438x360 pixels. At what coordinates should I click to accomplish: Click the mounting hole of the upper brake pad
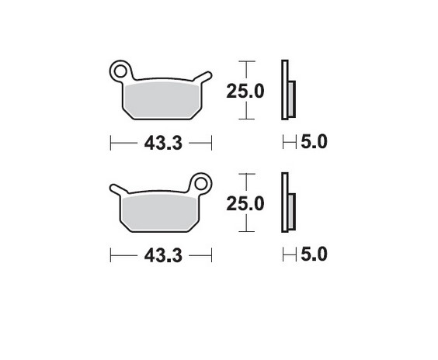pos(120,71)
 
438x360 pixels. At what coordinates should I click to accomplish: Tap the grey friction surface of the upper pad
pos(162,99)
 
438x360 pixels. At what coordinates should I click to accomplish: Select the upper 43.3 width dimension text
pos(162,144)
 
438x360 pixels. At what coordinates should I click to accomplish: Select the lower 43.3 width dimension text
pos(162,255)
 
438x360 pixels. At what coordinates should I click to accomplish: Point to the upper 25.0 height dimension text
pos(245,92)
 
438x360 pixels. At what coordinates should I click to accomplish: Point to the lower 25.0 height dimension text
pos(245,204)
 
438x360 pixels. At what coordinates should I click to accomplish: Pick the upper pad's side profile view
pos(287,91)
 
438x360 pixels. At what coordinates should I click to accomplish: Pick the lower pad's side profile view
pos(287,202)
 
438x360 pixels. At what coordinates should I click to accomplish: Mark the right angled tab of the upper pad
pos(203,76)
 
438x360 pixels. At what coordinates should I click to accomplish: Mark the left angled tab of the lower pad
pos(116,188)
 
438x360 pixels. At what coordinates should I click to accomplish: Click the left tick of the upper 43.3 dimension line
pos(111,144)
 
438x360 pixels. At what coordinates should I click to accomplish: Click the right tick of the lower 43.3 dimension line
pos(211,255)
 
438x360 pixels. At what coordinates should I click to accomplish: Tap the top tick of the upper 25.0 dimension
pos(245,61)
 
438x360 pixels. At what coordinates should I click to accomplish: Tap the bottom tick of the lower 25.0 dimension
pos(245,231)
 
